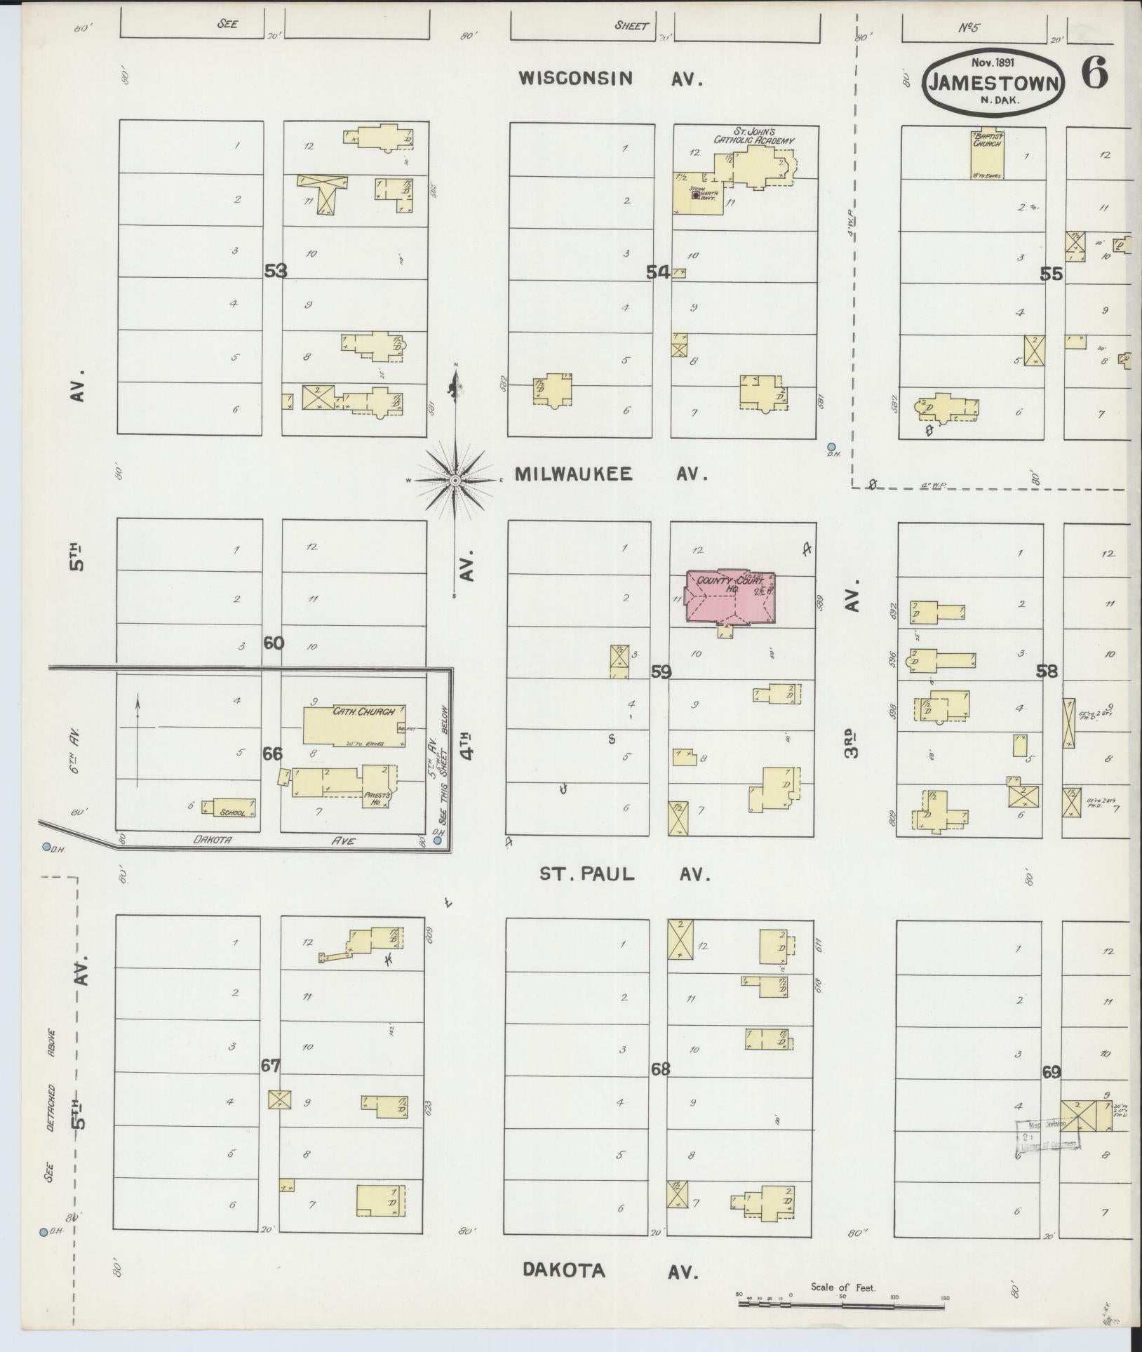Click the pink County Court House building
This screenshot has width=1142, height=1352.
point(730,597)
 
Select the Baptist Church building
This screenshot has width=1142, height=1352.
point(986,154)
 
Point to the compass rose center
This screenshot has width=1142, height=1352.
point(455,480)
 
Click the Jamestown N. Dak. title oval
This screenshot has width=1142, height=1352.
point(994,83)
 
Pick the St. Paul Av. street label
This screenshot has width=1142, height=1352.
point(624,874)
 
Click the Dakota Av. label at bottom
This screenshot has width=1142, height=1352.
point(610,1271)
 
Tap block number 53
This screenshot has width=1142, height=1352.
point(276,271)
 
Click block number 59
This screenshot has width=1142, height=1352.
point(661,672)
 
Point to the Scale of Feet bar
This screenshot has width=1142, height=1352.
point(842,1304)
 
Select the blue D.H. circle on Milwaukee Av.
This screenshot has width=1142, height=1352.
point(831,447)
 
